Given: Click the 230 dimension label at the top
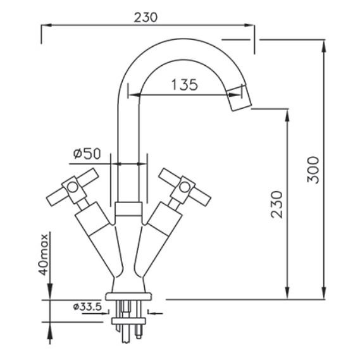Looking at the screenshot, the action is pos(146,18).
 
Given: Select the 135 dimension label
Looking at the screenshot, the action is pos(185,85).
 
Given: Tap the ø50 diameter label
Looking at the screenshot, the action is pos(87,153).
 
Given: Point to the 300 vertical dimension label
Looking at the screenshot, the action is pos(313,170).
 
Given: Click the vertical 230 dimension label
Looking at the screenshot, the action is pos(276,204).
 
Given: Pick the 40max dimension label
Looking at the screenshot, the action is pos(44,254).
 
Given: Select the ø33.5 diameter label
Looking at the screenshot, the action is pos(87,306).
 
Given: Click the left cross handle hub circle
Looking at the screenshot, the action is pos(73,187).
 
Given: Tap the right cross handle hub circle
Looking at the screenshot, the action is pos(185,187).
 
